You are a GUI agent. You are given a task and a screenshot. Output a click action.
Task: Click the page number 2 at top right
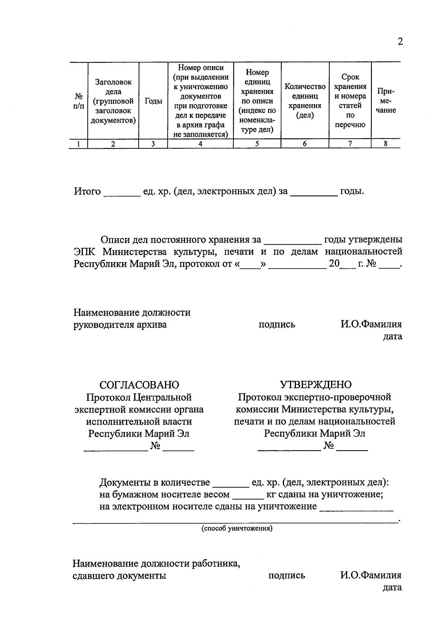click(400, 41)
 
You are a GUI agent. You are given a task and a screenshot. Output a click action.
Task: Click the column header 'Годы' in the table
click(153, 101)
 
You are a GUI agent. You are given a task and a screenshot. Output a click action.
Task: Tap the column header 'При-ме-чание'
click(386, 101)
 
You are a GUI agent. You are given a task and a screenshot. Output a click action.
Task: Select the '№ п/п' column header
click(78, 101)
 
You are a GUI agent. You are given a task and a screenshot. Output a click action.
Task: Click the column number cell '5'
click(257, 144)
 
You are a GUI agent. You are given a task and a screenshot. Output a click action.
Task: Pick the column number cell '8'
click(386, 144)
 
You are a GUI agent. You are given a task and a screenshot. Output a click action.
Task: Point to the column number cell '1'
click(78, 144)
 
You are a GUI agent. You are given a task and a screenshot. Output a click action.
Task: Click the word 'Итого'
click(87, 191)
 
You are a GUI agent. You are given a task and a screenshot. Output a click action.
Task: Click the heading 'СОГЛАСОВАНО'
click(139, 384)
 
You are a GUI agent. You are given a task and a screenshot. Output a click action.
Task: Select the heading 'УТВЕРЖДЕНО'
click(315, 384)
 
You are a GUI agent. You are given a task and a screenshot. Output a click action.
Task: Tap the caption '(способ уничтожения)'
click(237, 528)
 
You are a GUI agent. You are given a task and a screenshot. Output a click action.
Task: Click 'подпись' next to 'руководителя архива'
click(277, 325)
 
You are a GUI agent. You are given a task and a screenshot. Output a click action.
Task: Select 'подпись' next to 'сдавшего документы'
click(287, 576)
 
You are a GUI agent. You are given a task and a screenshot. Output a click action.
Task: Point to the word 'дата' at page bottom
click(392, 587)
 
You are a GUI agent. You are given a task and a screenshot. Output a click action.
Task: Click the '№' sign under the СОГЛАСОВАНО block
click(155, 445)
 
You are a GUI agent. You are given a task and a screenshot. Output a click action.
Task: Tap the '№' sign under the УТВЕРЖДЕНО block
click(329, 445)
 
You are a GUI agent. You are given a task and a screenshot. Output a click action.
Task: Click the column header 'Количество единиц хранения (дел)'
click(305, 101)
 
